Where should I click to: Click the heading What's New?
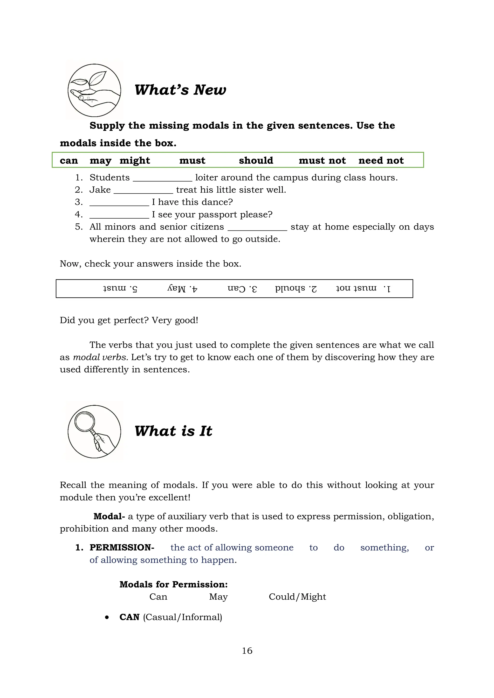180,90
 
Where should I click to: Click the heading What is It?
173,431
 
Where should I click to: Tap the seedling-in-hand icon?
94,90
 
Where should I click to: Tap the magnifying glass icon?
94,431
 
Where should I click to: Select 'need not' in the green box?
381,161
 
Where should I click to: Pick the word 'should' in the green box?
256,161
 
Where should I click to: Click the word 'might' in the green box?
135,161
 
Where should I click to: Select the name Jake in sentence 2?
100,190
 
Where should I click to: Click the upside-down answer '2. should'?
296,288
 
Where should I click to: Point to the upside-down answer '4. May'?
182,288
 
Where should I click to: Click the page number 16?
247,651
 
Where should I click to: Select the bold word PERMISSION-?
122,548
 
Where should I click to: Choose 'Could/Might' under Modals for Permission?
297,597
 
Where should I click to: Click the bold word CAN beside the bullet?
129,617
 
